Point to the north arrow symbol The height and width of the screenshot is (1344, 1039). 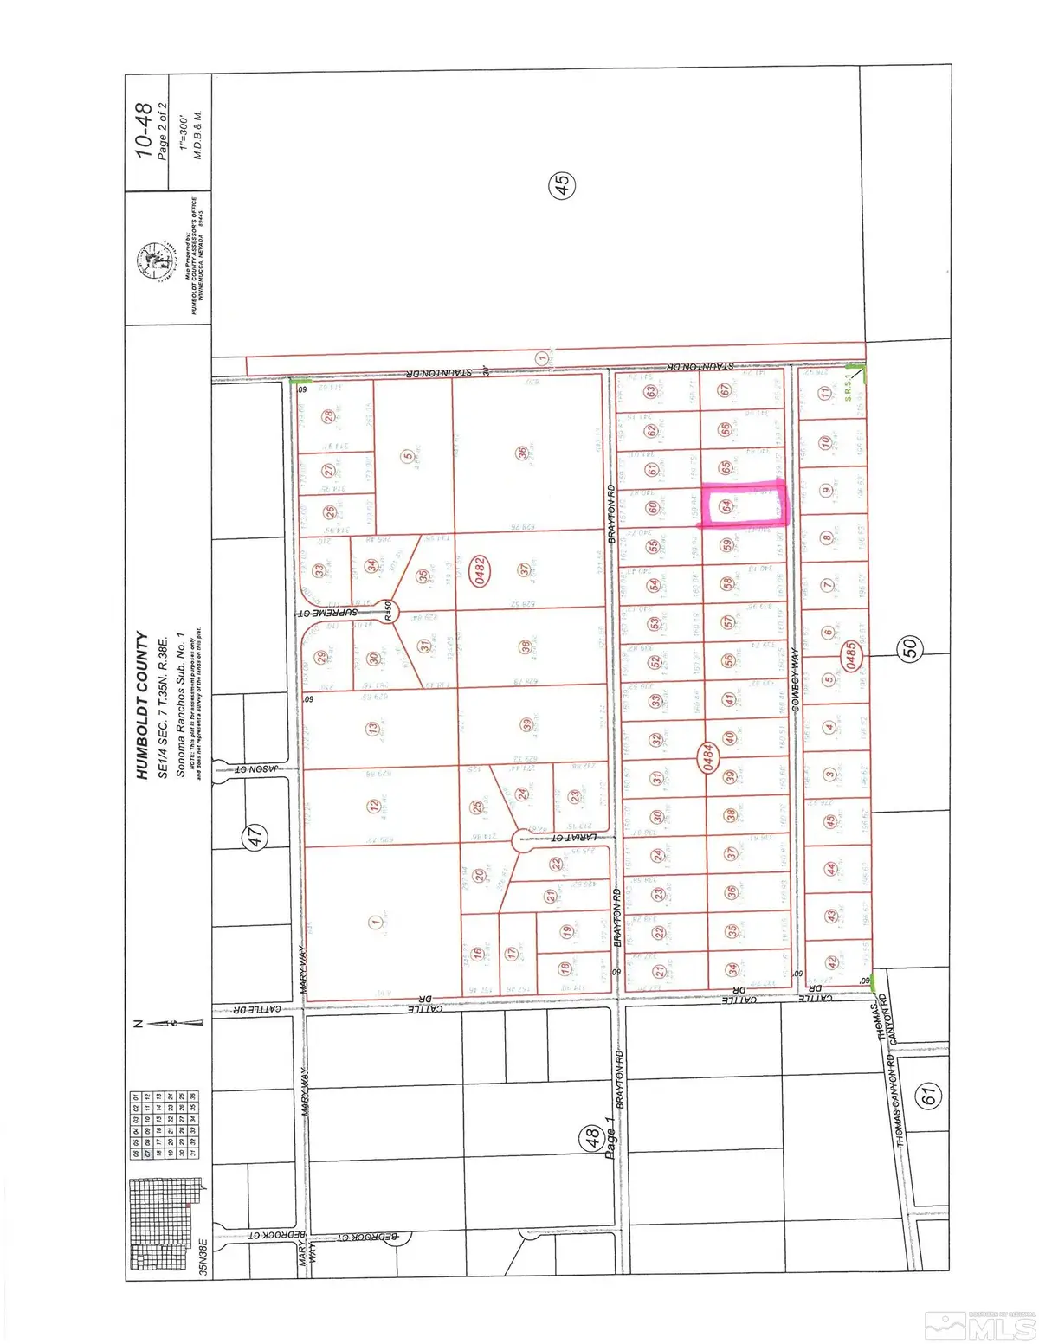coord(170,1023)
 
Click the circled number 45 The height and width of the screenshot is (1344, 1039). coord(561,184)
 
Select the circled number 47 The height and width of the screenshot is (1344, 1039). coord(255,836)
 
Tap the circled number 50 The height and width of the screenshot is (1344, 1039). coord(910,648)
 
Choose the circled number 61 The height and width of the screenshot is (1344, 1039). coord(929,1096)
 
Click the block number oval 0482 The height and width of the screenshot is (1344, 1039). coord(477,570)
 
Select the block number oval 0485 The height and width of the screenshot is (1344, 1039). coord(851,654)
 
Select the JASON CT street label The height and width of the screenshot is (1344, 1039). coord(253,768)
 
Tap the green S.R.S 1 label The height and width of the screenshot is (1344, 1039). coord(849,388)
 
